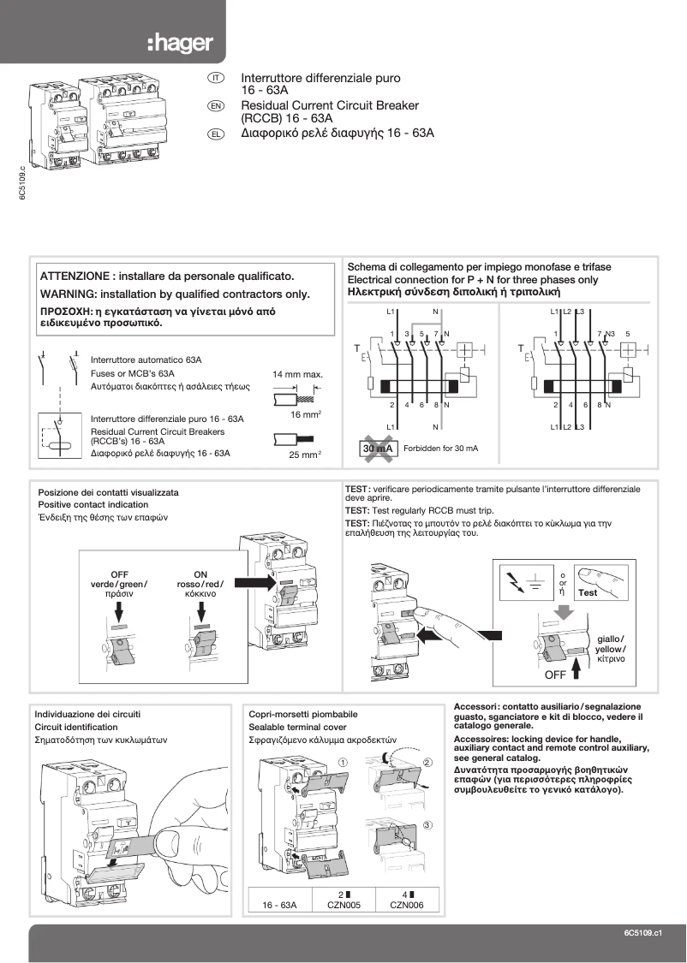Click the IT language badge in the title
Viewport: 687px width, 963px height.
tap(216, 78)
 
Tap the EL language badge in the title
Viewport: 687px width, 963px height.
tap(216, 134)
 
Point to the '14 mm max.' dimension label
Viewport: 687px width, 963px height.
tap(297, 375)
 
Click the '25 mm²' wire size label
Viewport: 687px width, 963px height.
tap(304, 455)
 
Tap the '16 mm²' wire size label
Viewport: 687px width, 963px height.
tap(305, 414)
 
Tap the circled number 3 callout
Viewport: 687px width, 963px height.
tap(427, 825)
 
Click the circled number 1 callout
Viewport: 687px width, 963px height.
tap(343, 761)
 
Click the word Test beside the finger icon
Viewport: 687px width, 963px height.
tap(588, 592)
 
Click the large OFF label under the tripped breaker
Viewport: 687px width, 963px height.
tap(557, 675)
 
